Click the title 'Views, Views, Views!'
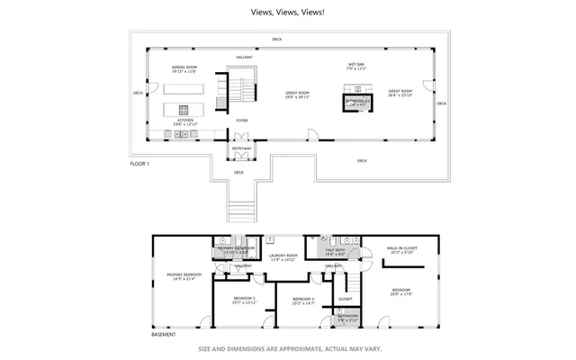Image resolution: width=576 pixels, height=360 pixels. pos(287,13)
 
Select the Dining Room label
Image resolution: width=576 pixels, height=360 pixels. pos(184,69)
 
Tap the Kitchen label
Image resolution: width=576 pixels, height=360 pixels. pos(184,121)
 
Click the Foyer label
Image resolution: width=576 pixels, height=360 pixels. pos(242,120)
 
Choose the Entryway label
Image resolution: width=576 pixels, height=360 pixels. pos(242,148)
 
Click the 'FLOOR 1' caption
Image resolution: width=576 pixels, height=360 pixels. pos(139,165)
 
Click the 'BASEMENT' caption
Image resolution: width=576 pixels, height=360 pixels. pos(163,333)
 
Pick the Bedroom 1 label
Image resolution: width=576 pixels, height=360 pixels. pos(244,300)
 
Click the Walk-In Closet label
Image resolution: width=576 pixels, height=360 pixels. pos(400,250)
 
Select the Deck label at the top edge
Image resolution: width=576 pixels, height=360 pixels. pos(277,40)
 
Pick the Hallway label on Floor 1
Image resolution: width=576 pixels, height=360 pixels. pos(244,57)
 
